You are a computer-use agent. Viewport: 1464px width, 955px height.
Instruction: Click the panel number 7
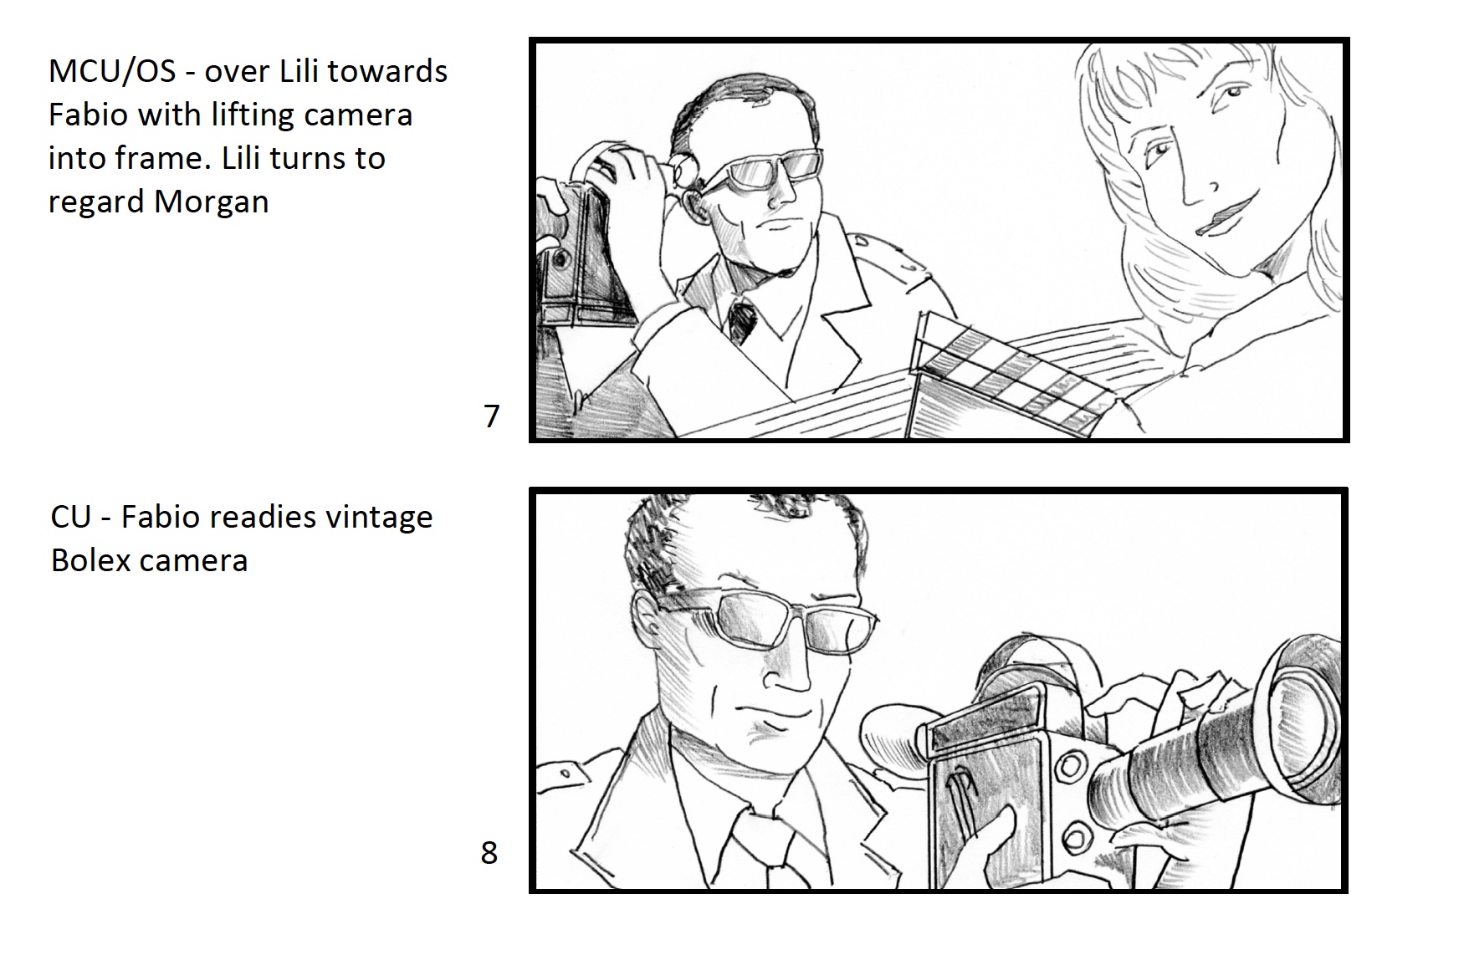coord(492,416)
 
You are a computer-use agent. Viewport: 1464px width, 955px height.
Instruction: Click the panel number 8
coord(489,852)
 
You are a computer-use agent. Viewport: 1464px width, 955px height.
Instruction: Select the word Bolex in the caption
coord(90,560)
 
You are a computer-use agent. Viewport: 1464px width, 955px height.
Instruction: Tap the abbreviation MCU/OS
coord(112,72)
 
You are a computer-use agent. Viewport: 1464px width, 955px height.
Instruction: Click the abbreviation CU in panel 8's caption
coord(70,517)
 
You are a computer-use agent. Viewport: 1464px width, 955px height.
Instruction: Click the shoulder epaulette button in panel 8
coord(566,774)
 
